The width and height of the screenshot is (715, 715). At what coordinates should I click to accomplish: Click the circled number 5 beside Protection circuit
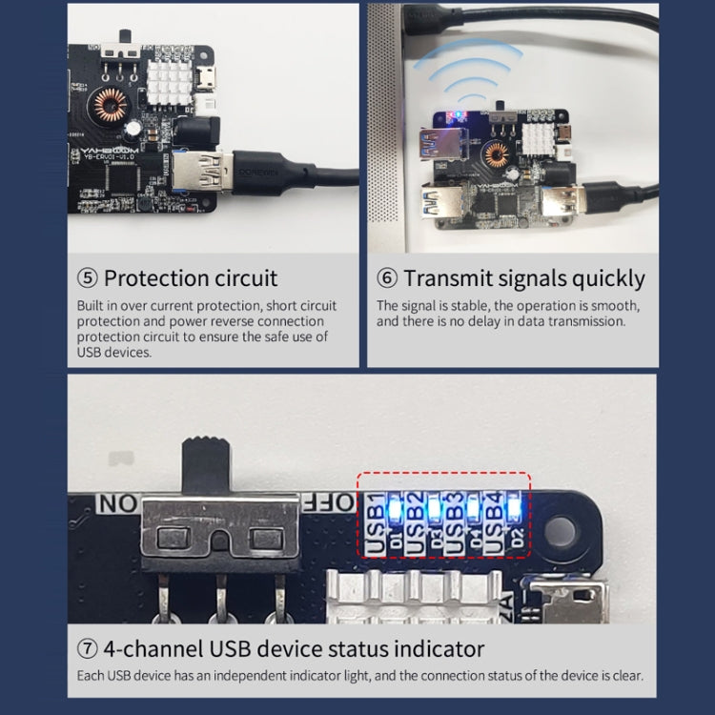[x=87, y=278]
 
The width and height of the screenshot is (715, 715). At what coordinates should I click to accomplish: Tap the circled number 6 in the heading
[x=386, y=278]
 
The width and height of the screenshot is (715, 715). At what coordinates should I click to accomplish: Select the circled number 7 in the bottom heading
[x=87, y=649]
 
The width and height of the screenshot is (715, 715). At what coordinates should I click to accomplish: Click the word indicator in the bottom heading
[x=437, y=649]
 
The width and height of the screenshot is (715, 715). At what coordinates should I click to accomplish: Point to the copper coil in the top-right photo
[x=497, y=153]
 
